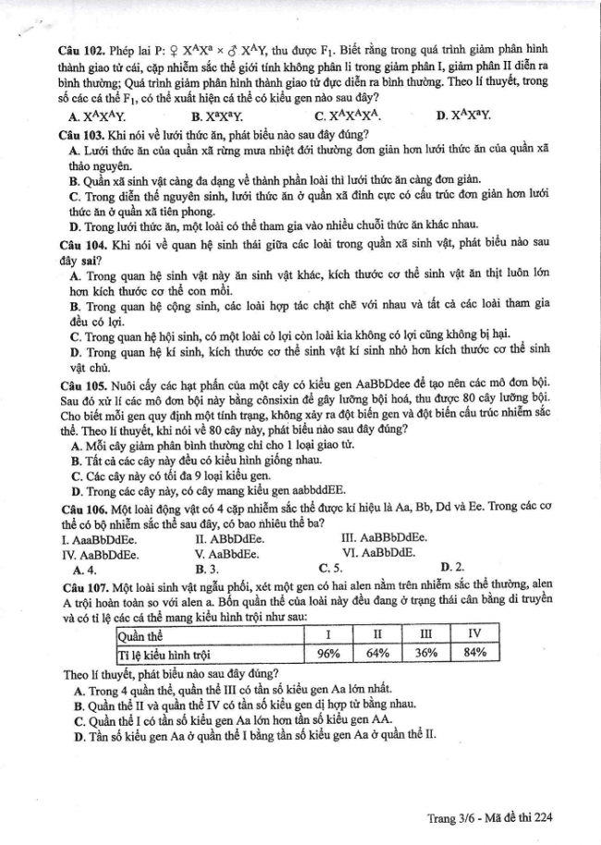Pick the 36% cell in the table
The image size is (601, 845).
426,653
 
